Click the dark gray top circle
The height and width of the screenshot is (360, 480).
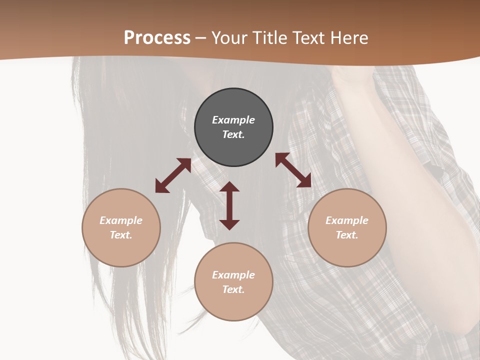[233, 127]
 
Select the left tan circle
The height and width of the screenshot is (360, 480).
[121, 227]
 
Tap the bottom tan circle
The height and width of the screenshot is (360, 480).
[233, 281]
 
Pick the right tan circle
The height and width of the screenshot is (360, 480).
[347, 227]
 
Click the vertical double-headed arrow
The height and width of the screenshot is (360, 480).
[229, 205]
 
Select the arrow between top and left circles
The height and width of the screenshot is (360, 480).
[173, 175]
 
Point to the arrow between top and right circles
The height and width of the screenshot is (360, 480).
[293, 170]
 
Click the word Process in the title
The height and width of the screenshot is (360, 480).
[157, 38]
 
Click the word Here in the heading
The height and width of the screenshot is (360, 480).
[349, 38]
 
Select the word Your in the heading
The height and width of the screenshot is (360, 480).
[229, 38]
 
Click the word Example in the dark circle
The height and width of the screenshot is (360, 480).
[233, 120]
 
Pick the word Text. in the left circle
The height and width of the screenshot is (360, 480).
[121, 235]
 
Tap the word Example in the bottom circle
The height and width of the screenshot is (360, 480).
[233, 274]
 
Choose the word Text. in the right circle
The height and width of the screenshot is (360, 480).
[347, 235]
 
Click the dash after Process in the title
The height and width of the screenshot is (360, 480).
[201, 38]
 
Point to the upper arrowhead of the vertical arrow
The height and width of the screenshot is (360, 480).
[229, 187]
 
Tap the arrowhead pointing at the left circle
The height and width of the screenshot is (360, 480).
[161, 186]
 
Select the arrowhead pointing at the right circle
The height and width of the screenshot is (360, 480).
[304, 181]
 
